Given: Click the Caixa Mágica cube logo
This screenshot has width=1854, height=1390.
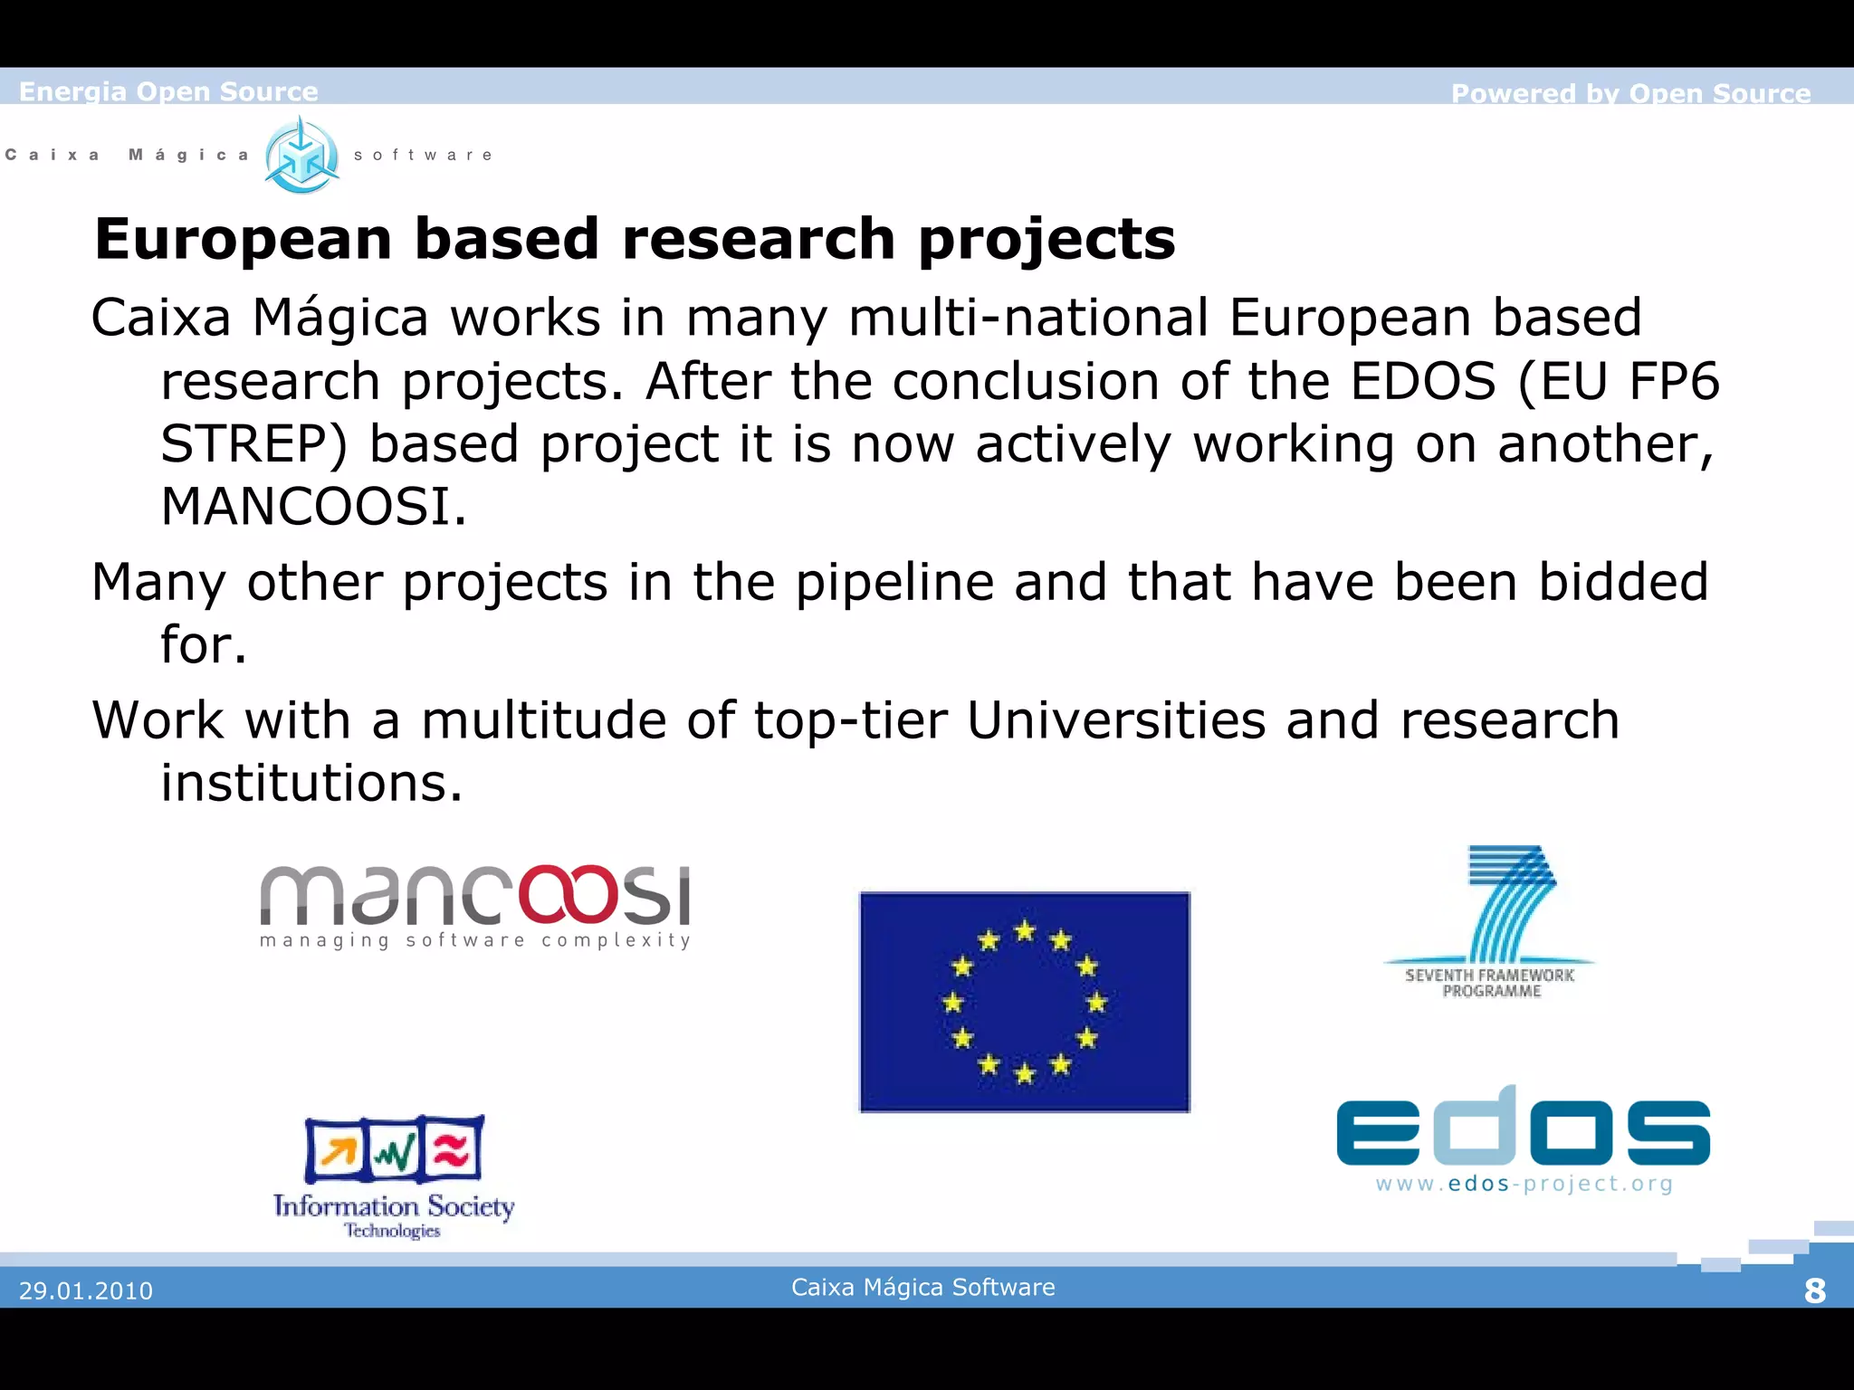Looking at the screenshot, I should pos(302,156).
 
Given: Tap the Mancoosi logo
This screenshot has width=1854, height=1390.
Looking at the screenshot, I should pos(475,905).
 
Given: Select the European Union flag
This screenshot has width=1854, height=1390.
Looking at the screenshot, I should pos(1024,1002).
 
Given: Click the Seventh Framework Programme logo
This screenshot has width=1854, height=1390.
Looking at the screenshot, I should pos(1490,921).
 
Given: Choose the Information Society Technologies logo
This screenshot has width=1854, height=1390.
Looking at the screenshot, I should pos(394,1176).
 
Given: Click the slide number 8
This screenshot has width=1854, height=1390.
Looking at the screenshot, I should pos(1814,1290).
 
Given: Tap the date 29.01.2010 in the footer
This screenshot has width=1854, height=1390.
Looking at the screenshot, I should pos(86,1290).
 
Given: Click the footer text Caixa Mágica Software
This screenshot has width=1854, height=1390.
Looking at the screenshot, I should pos(922,1287).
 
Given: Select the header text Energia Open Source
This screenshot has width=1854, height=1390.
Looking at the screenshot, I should pos(168,91).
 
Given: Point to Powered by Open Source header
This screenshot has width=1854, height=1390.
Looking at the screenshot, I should pos(1630,93).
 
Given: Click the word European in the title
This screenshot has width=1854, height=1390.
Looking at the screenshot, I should pos(244,239).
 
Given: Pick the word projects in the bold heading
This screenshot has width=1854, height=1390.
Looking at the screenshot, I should pos(1046,241).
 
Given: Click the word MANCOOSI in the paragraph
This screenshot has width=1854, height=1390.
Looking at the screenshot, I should pos(313,506).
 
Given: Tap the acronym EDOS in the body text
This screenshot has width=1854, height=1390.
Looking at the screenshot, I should pos(1422,381).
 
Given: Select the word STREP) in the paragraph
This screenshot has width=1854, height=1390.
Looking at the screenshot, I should pos(254,444).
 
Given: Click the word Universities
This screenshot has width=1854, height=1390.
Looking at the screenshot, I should pos(1116,720).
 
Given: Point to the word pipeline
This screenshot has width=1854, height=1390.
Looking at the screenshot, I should pos(894,582).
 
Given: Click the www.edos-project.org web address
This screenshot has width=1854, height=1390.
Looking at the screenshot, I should pos(1524,1184).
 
